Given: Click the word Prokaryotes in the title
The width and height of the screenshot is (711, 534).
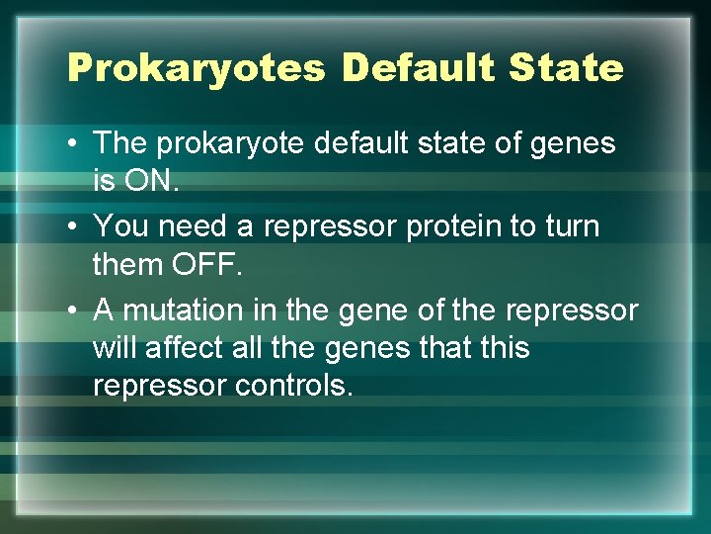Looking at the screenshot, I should (x=196, y=68).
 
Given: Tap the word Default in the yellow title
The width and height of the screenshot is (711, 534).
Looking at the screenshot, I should (x=418, y=68).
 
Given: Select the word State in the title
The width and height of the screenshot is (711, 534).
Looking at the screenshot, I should (x=567, y=68).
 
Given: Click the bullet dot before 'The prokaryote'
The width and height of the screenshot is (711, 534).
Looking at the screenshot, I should (x=74, y=143).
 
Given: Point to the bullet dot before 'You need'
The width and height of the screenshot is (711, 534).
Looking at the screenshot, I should (x=74, y=227).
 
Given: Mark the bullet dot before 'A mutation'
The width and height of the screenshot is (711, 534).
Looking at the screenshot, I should (x=74, y=311).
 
